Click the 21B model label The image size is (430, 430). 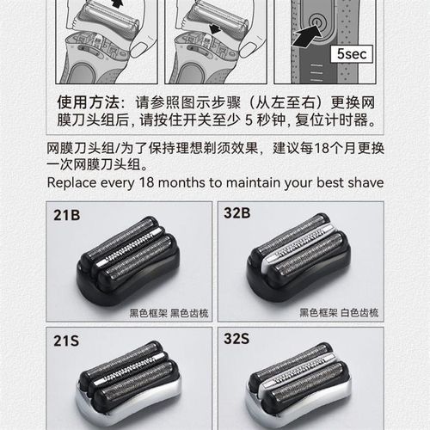(x=65, y=214)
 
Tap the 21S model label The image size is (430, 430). (x=65, y=342)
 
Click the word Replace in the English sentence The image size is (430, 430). (x=73, y=182)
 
